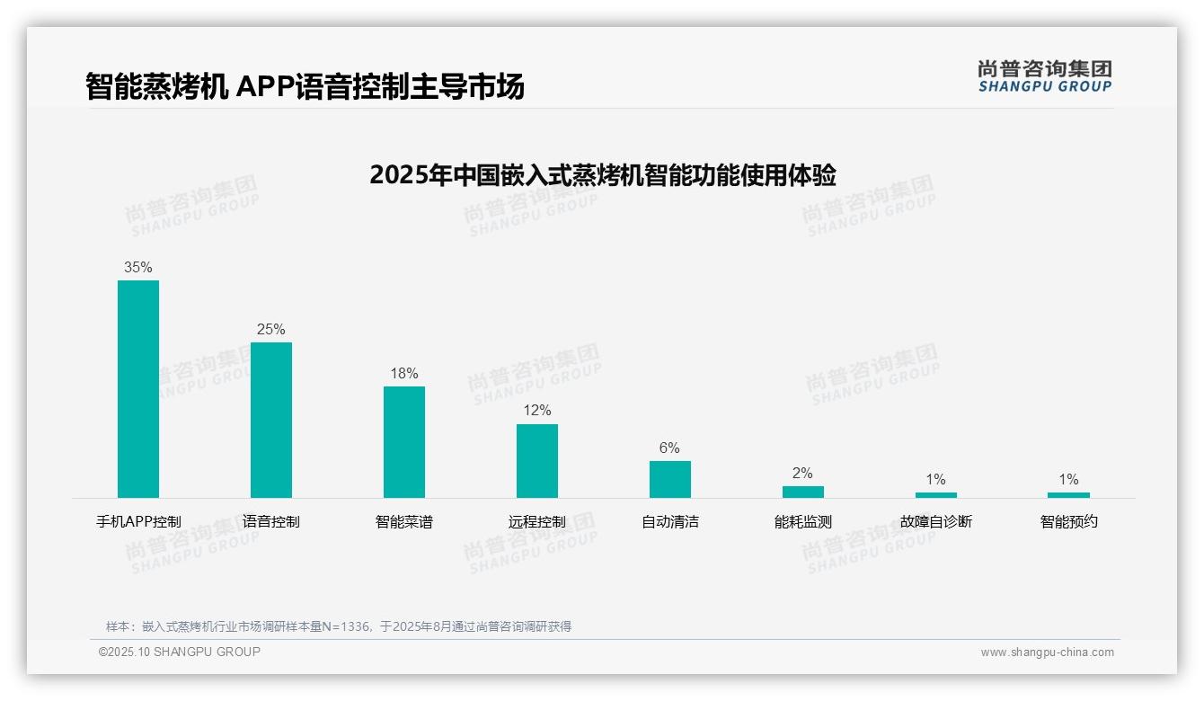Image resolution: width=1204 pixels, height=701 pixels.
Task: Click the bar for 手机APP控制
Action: pyautogui.click(x=138, y=388)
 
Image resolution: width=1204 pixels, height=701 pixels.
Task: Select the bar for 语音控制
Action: pyautogui.click(x=271, y=420)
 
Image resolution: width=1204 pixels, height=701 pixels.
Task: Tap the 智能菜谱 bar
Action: pyautogui.click(x=404, y=441)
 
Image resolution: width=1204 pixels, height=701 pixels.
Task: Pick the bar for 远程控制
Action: pyautogui.click(x=537, y=460)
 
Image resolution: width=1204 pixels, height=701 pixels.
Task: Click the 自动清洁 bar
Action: pyautogui.click(x=670, y=479)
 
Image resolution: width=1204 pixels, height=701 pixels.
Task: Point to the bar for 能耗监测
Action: pyautogui.click(x=802, y=492)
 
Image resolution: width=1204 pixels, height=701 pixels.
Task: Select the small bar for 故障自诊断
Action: pyautogui.click(x=935, y=494)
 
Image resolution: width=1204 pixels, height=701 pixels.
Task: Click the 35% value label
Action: pyautogui.click(x=138, y=267)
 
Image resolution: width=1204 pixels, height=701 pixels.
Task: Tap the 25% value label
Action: pyautogui.click(x=271, y=329)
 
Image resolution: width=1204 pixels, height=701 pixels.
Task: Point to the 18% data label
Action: pyautogui.click(x=404, y=373)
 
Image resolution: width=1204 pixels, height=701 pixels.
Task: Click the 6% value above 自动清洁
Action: pyautogui.click(x=669, y=448)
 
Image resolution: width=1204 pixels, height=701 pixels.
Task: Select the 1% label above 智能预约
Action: pyautogui.click(x=1068, y=479)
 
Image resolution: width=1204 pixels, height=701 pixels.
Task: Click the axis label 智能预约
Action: pyautogui.click(x=1068, y=521)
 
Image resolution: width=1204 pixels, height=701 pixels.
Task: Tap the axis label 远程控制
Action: pyautogui.click(x=537, y=521)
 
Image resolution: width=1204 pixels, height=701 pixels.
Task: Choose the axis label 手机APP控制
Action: pyautogui.click(x=138, y=521)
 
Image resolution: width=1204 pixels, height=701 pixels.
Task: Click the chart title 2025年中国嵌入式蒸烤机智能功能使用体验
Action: pyautogui.click(x=602, y=174)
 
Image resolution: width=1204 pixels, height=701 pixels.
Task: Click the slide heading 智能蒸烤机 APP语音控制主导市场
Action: pyautogui.click(x=305, y=86)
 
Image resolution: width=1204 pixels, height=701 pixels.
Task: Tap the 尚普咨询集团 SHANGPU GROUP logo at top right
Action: pyautogui.click(x=1044, y=76)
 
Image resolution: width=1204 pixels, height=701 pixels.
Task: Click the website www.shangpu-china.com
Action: pyautogui.click(x=1047, y=652)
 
